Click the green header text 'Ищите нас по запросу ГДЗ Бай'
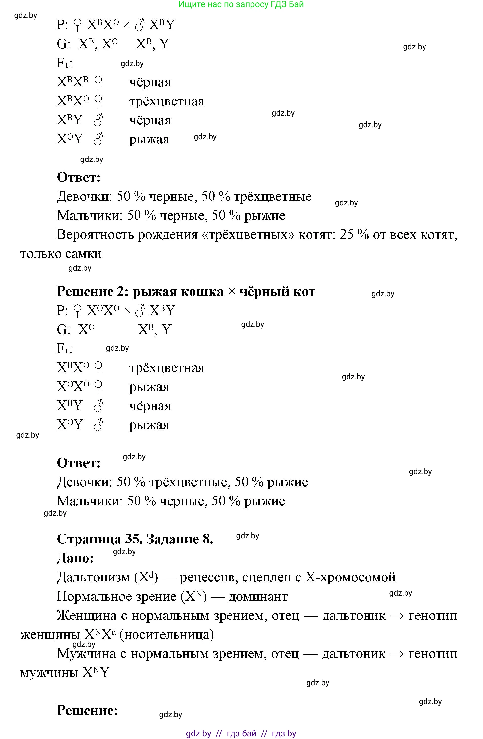241,5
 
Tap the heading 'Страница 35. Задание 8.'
135,539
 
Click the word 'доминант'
258,597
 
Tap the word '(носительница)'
167,635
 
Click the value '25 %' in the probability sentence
354,234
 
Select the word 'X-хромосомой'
350,577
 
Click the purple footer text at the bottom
241,734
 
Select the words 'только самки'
61,254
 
